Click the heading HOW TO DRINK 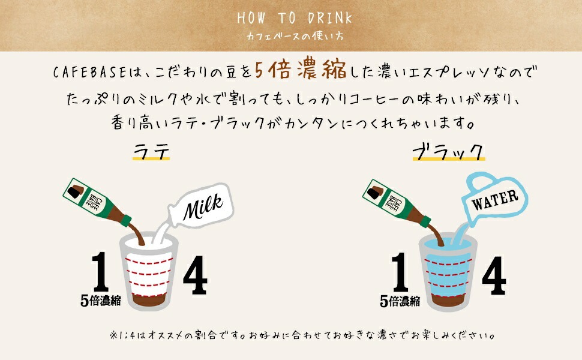(294, 17)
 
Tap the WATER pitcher (492, 200)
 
